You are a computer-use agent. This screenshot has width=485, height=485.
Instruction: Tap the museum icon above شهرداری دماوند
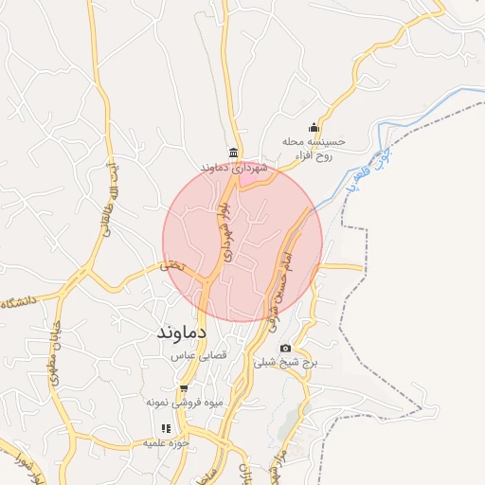click(x=233, y=153)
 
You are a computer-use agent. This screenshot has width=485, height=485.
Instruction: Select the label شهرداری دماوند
click(x=234, y=168)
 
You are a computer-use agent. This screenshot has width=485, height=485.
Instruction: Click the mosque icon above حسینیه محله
click(x=314, y=129)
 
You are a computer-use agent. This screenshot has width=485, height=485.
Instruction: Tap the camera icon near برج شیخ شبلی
click(x=285, y=349)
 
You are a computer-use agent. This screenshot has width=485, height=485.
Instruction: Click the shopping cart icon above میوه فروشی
click(x=185, y=388)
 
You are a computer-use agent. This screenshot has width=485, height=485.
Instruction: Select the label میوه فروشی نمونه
click(x=185, y=403)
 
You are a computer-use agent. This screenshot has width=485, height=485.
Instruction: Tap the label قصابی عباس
click(x=196, y=356)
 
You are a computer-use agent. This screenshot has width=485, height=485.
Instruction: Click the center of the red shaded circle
click(x=242, y=242)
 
